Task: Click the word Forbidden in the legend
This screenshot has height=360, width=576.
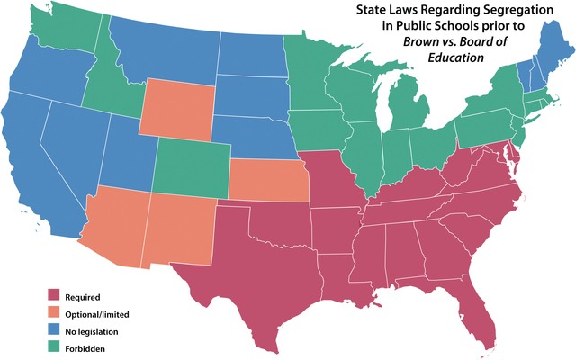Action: pyautogui.click(x=84, y=348)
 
